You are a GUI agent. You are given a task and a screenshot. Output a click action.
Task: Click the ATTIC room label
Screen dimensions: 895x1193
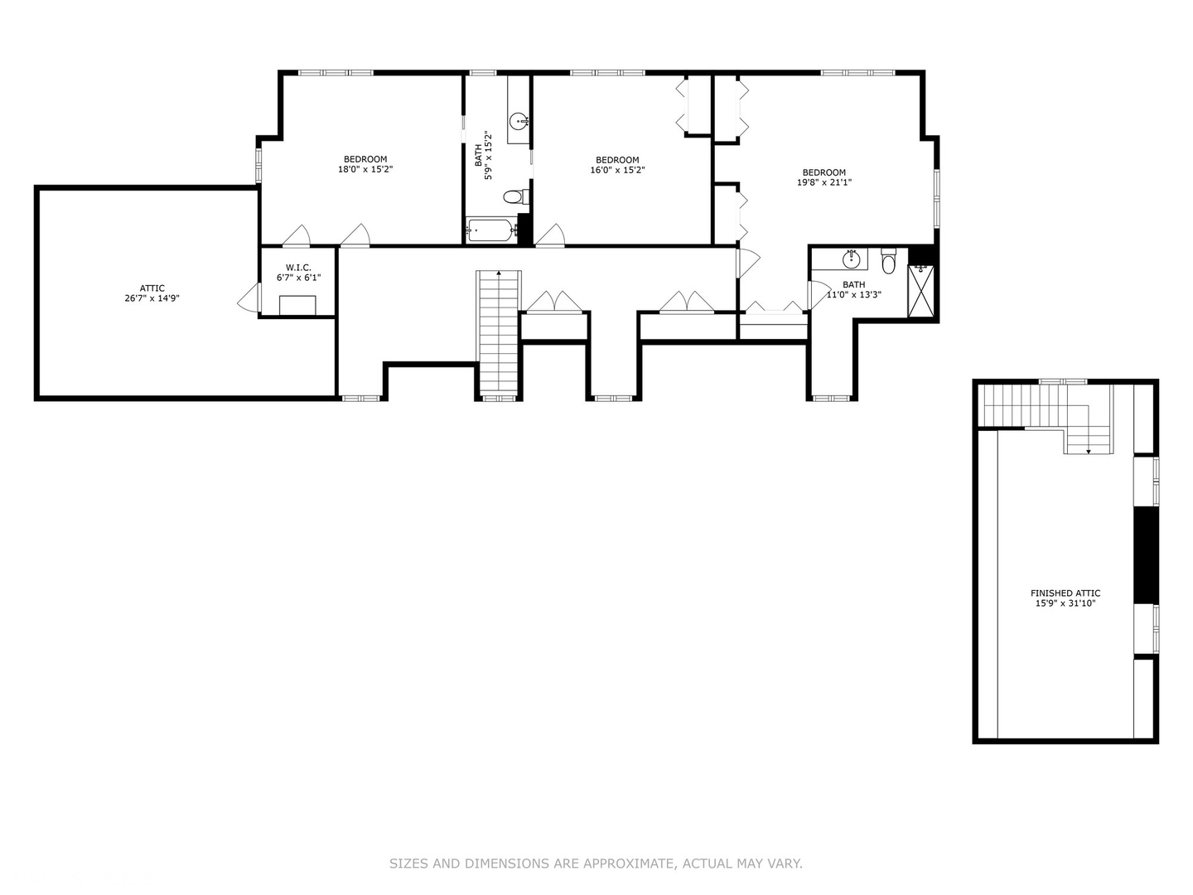click(152, 288)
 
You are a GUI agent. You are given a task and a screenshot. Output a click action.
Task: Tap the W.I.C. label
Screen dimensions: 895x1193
click(298, 268)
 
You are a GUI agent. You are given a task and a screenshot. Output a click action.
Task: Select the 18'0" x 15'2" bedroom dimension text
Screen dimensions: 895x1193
click(365, 169)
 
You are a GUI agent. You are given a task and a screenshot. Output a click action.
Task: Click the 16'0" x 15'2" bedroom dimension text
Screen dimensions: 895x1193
click(617, 170)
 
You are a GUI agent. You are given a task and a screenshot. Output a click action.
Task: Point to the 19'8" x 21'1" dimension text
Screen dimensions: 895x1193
click(824, 182)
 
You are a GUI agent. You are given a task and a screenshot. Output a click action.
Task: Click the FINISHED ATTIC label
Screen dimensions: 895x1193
click(1065, 593)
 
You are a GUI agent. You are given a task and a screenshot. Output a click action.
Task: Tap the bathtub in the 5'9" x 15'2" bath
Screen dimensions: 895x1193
click(490, 230)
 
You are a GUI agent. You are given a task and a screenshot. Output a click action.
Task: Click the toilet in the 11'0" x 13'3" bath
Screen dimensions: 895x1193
click(889, 263)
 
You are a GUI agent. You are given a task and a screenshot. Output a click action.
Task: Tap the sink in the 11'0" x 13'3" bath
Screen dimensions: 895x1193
click(851, 259)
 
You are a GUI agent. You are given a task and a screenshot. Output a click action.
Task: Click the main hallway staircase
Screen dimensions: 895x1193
click(499, 331)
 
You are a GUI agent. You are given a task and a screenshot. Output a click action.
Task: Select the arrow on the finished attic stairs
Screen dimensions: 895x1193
click(1089, 450)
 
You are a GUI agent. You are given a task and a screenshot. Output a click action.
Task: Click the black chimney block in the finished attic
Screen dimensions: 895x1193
click(1145, 555)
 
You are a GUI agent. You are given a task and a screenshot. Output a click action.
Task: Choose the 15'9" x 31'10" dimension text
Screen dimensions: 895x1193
click(1065, 604)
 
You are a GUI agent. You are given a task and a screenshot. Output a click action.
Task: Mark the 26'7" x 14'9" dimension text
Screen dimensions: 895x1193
click(152, 298)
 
